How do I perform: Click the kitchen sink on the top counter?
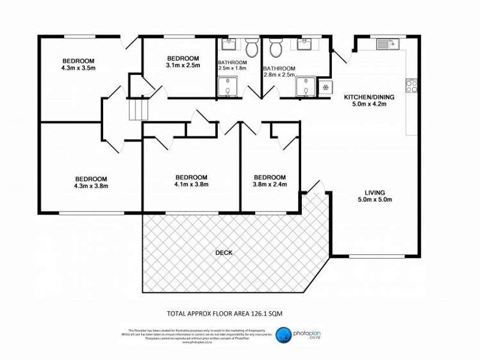(x=387, y=44)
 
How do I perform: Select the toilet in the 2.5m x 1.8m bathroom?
(x=252, y=47)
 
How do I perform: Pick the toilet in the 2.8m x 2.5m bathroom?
(x=276, y=47)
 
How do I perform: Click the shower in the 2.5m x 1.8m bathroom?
(x=227, y=88)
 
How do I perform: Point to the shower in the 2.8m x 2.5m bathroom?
(x=306, y=88)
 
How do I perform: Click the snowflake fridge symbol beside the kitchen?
(x=326, y=87)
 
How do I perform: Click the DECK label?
(x=224, y=252)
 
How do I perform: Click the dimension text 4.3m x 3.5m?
(x=78, y=67)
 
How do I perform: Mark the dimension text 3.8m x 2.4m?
(x=269, y=185)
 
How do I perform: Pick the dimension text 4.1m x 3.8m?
(x=191, y=185)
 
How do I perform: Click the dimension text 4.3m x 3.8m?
(x=91, y=186)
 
